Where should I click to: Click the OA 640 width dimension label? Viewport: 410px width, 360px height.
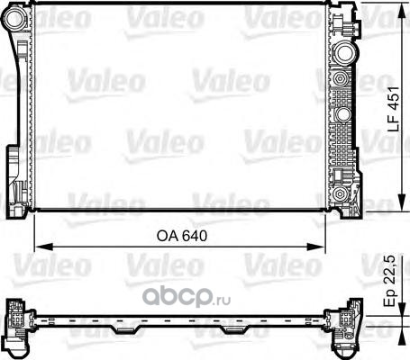point(182,236)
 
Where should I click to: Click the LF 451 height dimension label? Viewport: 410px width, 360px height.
point(393,109)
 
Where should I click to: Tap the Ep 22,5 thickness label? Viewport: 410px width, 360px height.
point(391,281)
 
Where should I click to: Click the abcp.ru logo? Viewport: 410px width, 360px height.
point(187,296)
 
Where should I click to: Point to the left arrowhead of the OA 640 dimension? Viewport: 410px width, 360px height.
point(44,247)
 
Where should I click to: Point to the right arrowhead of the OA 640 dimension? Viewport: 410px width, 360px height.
point(316,247)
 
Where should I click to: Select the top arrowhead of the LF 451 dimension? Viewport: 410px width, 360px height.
point(401,12)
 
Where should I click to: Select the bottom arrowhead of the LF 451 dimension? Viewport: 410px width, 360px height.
point(401,202)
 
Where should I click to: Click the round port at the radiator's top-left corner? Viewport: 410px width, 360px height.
point(14,18)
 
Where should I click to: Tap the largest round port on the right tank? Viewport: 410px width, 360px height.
point(344,53)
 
